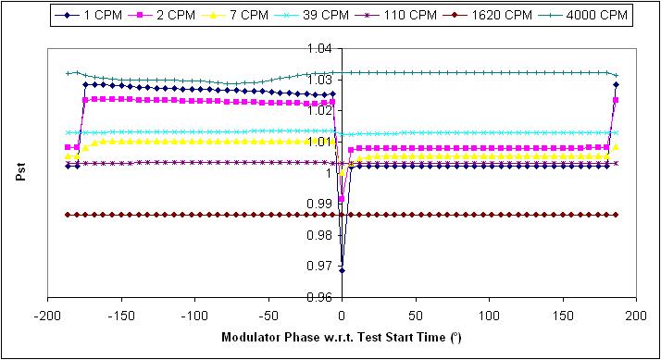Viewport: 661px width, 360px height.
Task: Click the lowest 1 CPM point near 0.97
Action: tap(342, 270)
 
